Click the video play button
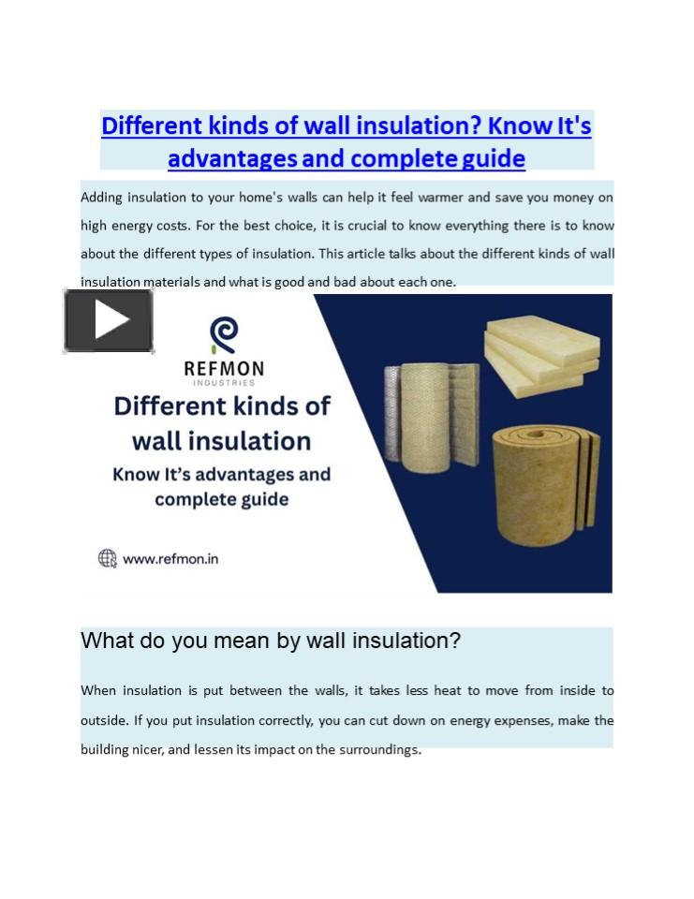click(109, 321)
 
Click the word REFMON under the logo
click(224, 369)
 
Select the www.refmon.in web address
click(170, 559)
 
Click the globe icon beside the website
click(108, 559)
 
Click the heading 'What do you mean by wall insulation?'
click(271, 641)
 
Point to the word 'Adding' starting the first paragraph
click(102, 198)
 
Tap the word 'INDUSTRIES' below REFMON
click(224, 383)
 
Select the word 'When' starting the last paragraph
click(98, 691)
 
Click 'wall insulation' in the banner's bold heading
click(221, 440)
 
